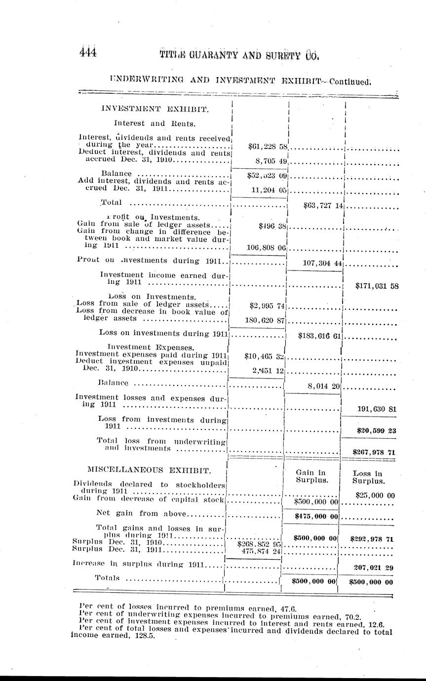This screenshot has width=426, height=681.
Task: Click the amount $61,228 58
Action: click(267, 146)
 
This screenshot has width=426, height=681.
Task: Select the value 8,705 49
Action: click(267, 160)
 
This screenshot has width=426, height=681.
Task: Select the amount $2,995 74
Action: click(268, 305)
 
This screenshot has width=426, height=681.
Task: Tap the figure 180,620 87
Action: click(266, 320)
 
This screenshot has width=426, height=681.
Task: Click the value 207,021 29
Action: click(374, 567)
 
